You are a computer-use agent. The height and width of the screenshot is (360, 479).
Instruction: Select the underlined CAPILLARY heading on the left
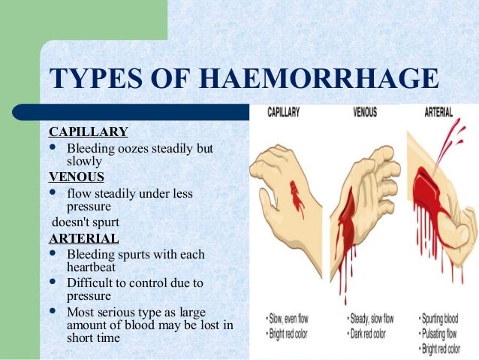point(88,132)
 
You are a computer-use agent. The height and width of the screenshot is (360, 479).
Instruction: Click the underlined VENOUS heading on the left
point(77,177)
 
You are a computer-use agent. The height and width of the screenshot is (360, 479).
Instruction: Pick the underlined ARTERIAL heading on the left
point(83,238)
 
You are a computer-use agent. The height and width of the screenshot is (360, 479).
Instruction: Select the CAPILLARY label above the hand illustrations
point(284,113)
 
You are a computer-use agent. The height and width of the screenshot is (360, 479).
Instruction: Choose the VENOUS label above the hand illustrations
point(366,113)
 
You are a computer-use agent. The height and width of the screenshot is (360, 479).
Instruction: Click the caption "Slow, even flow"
point(289,321)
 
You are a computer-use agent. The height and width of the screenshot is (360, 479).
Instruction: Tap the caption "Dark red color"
point(369,334)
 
